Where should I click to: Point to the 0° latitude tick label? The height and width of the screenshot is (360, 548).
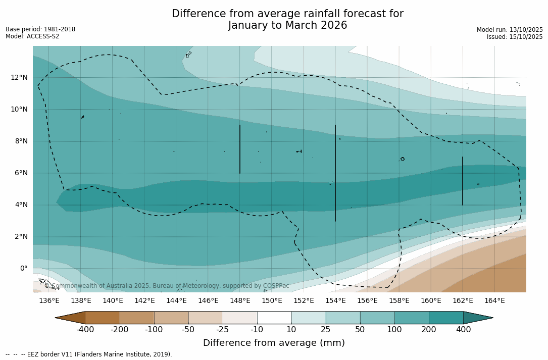coord(23,268)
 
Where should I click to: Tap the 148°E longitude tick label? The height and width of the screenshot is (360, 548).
coord(240,300)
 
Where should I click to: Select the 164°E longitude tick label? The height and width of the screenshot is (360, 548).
coord(494,300)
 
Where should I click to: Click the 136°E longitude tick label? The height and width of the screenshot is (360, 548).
coord(49,300)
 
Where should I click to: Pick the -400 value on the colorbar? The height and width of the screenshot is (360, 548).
coord(85,330)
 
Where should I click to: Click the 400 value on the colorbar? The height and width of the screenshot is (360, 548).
coord(463,330)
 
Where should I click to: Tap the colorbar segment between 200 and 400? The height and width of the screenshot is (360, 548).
coord(446,318)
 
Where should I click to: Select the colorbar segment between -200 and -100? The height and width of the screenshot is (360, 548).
coord(137,318)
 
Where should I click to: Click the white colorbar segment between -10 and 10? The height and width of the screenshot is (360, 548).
coord(274,318)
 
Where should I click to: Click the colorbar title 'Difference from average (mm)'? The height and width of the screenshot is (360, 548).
coord(274,343)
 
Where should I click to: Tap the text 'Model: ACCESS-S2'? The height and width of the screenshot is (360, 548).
coord(32,36)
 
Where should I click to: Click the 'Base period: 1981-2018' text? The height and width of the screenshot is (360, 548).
coord(40,29)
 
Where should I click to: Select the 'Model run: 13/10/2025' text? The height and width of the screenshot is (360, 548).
coord(510,30)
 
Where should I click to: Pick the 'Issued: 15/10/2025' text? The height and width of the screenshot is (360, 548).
coord(515,37)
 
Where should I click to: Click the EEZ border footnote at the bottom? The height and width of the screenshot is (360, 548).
coord(89,354)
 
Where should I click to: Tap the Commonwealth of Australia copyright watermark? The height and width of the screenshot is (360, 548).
coord(167,286)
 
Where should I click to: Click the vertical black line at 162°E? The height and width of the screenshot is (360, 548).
coord(462,181)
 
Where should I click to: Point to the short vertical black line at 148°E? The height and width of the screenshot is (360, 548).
coord(239,149)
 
